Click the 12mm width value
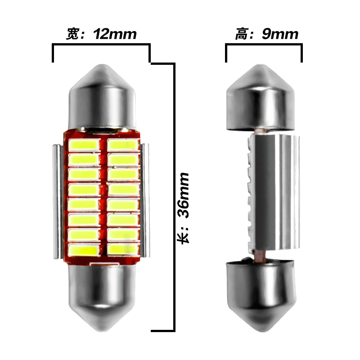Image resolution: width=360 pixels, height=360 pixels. point(115,34)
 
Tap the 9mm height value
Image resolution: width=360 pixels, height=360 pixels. point(280,34)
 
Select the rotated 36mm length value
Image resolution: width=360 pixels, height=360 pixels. point(184,195)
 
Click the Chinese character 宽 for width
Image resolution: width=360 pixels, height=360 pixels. point(73,34)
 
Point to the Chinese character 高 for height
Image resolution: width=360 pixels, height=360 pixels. point(242,34)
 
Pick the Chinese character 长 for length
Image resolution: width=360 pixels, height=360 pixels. point(184,238)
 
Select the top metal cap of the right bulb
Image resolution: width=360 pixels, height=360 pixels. point(261,98)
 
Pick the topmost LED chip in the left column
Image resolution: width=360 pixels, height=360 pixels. point(84,145)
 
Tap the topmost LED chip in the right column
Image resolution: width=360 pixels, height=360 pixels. point(123,145)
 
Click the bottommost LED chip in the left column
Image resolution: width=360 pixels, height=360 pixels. point(84,250)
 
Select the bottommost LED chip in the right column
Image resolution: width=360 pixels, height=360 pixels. point(123,249)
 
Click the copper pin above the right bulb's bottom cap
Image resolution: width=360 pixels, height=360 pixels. point(260,256)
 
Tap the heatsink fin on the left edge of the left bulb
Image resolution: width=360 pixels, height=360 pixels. point(58,201)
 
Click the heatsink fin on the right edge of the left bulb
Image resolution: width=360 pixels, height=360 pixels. point(145,200)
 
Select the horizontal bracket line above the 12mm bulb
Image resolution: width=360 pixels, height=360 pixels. point(101,44)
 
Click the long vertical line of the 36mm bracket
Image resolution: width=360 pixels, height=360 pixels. point(174,197)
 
